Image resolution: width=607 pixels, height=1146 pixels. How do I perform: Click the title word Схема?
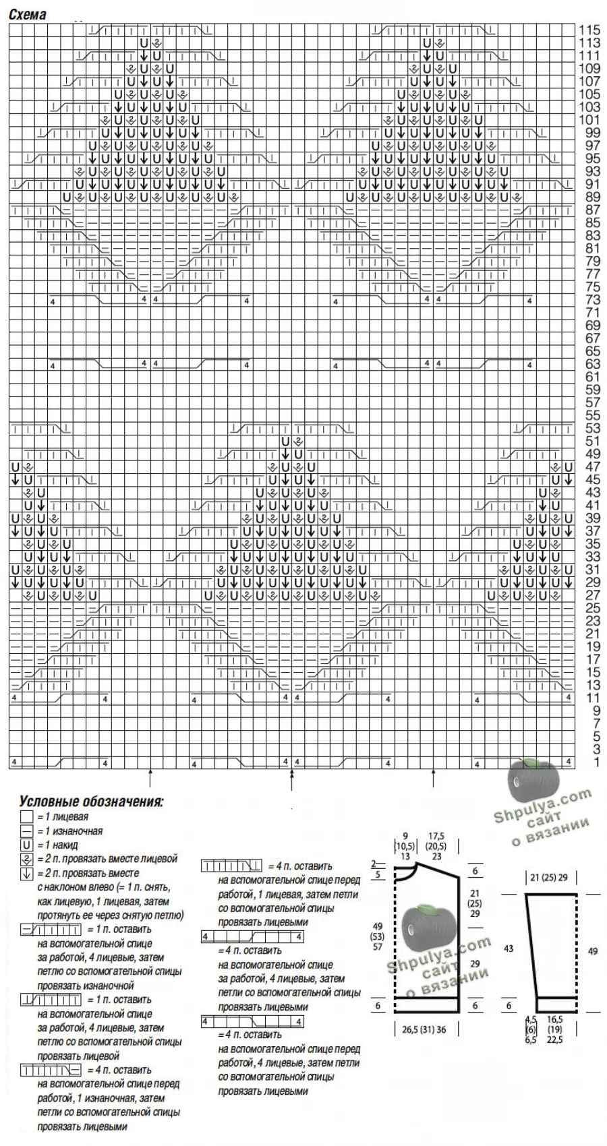pos(27,14)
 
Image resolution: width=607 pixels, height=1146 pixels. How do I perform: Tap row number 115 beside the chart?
pos(589,30)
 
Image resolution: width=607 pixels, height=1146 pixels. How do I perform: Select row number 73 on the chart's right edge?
pos(593,299)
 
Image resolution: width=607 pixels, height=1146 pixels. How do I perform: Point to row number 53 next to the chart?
pos(593,428)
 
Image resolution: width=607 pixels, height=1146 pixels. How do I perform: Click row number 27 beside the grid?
pos(593,595)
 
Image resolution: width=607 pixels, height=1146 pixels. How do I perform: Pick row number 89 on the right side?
pos(593,197)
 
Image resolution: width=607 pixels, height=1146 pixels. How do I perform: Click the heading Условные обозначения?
pos(91,802)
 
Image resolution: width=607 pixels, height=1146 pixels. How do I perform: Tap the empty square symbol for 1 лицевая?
pos(26,817)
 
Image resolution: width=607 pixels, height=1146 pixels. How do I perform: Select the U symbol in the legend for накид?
pos(26,845)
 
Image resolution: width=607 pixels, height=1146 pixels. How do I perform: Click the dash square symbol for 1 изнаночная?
pos(26,831)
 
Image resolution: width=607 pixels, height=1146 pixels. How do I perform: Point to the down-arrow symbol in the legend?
pos(26,874)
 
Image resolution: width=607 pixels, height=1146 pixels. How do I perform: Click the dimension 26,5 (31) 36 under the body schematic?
pos(424,1030)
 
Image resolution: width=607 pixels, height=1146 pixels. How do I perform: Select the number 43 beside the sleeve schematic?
pos(508,948)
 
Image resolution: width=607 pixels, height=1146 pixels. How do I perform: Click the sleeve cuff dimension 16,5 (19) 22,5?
pos(555,1030)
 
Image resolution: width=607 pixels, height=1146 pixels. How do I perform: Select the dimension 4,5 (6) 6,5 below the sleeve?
pos(530,1030)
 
